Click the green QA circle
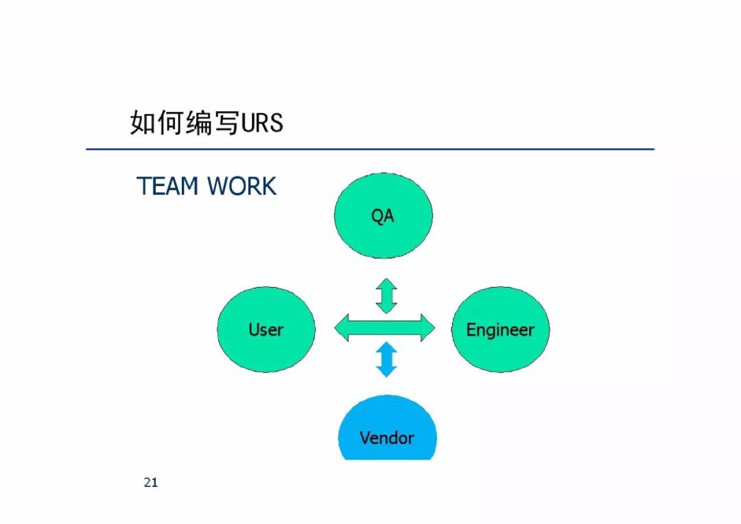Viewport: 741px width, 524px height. point(384,216)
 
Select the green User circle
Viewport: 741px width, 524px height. point(266,330)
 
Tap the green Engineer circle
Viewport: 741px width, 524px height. point(500,330)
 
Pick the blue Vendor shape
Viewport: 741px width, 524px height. point(388,429)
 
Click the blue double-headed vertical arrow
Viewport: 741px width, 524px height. point(386,359)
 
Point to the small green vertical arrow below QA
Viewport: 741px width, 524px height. point(386,296)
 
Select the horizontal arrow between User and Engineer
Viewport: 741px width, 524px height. point(385,328)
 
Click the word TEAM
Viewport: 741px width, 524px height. point(167,186)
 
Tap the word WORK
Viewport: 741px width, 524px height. point(242,186)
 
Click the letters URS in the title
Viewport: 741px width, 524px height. point(262,123)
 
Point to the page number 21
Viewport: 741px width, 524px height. point(151,482)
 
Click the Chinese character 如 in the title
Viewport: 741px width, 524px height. point(143,122)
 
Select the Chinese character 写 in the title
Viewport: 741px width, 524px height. point(227,122)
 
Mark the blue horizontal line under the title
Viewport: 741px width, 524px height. point(370,149)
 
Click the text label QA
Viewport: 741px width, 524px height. point(382,216)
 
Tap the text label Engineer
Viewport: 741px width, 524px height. point(500,330)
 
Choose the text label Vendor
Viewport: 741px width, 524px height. point(387,438)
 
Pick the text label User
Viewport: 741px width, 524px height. point(266,330)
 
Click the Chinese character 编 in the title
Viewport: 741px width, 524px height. point(199,122)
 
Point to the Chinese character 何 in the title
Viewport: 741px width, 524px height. point(171,122)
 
